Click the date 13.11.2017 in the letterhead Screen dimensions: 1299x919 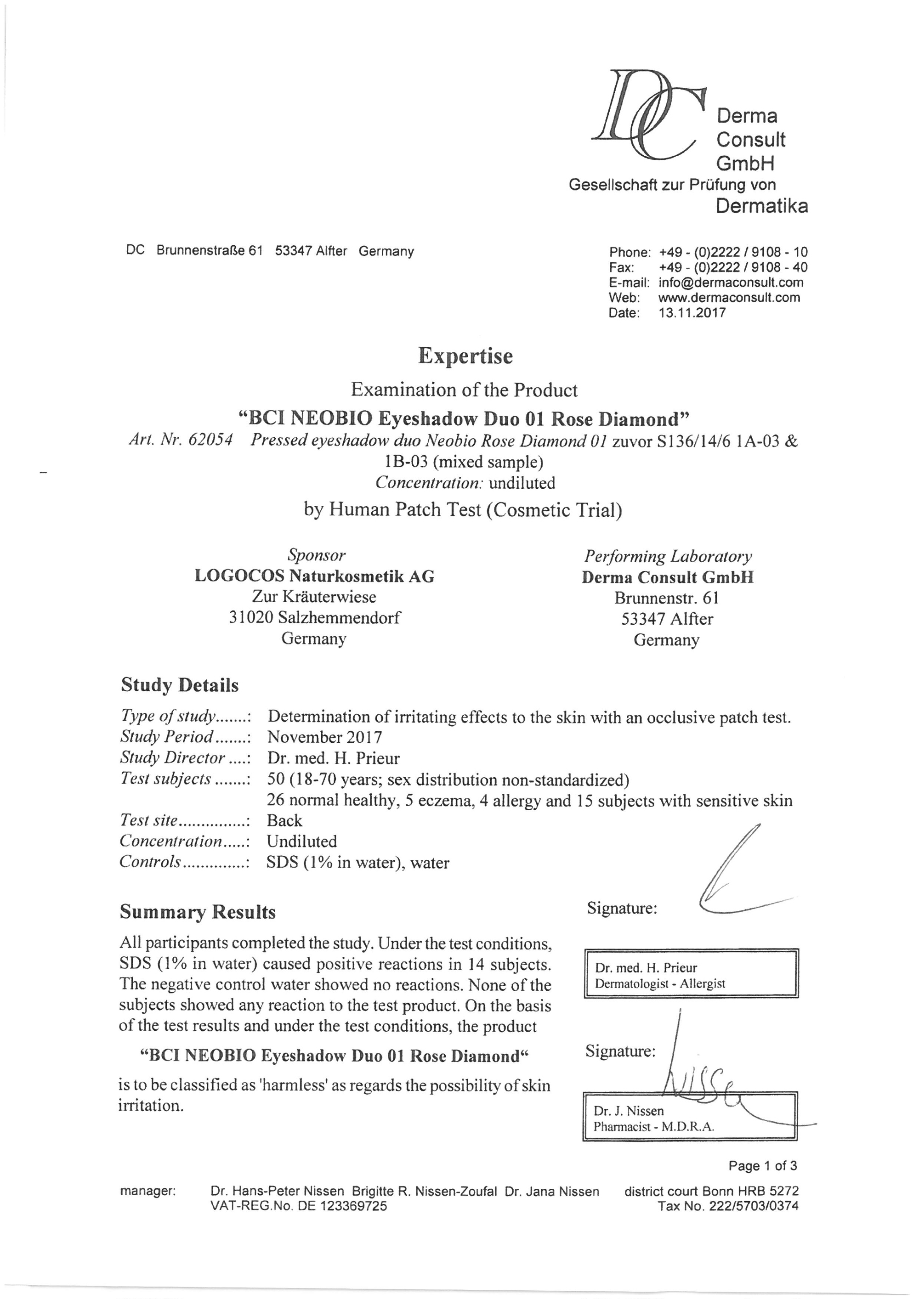(x=692, y=313)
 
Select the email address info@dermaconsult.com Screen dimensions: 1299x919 (x=731, y=282)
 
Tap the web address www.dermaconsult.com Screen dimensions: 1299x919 (x=729, y=298)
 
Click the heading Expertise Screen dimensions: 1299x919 (x=465, y=356)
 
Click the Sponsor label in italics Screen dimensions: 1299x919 (x=316, y=555)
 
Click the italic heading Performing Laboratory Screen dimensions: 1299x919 (x=668, y=556)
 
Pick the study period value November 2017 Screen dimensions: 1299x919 (x=324, y=737)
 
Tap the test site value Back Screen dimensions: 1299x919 (x=284, y=820)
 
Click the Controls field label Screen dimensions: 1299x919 (x=151, y=862)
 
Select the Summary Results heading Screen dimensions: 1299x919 (x=198, y=912)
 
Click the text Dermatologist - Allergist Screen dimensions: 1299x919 (x=659, y=983)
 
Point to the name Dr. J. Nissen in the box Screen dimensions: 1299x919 (x=628, y=1111)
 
